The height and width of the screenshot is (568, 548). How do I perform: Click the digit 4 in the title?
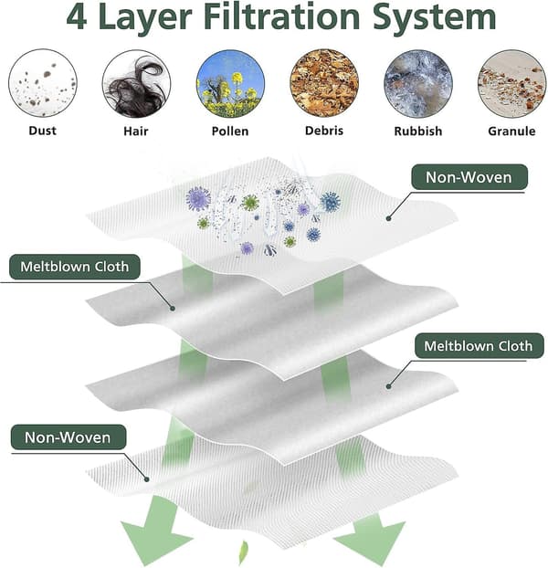77,16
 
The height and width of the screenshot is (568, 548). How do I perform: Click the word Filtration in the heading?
281,16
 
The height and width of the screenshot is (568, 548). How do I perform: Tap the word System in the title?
434,18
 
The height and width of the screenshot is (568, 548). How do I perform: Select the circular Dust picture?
43,83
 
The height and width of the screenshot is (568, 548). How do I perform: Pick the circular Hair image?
137,84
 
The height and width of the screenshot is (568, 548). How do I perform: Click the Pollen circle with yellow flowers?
230,84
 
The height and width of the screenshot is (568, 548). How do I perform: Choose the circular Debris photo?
324,84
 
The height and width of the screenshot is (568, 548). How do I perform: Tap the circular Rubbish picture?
418,84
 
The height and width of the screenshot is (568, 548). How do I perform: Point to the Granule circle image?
511,84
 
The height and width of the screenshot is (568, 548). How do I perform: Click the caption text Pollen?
230,131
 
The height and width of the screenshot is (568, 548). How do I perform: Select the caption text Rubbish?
418,131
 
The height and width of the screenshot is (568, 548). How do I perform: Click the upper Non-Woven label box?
469,177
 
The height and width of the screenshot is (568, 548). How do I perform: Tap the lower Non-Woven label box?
68,437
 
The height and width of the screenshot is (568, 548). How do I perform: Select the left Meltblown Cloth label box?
75,267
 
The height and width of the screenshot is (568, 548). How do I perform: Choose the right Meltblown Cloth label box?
479,346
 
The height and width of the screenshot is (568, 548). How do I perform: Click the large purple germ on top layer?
198,199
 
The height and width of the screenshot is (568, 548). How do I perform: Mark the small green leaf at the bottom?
244,552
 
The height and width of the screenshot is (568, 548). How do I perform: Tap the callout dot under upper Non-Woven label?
388,218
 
